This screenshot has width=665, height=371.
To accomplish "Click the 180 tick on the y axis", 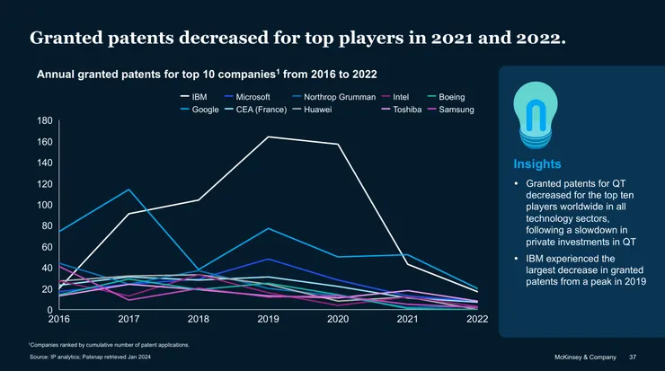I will (x=45, y=120).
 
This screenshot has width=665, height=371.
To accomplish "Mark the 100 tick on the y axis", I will (x=45, y=205).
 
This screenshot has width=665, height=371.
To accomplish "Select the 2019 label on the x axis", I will (x=268, y=320).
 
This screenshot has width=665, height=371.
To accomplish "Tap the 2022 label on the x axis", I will (x=477, y=320).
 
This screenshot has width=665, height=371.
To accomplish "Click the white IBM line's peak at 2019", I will (x=268, y=137).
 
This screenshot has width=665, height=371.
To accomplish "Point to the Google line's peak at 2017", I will (x=129, y=190).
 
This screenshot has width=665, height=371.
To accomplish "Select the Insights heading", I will (x=536, y=164).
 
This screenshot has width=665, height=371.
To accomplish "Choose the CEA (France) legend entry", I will (x=260, y=110).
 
